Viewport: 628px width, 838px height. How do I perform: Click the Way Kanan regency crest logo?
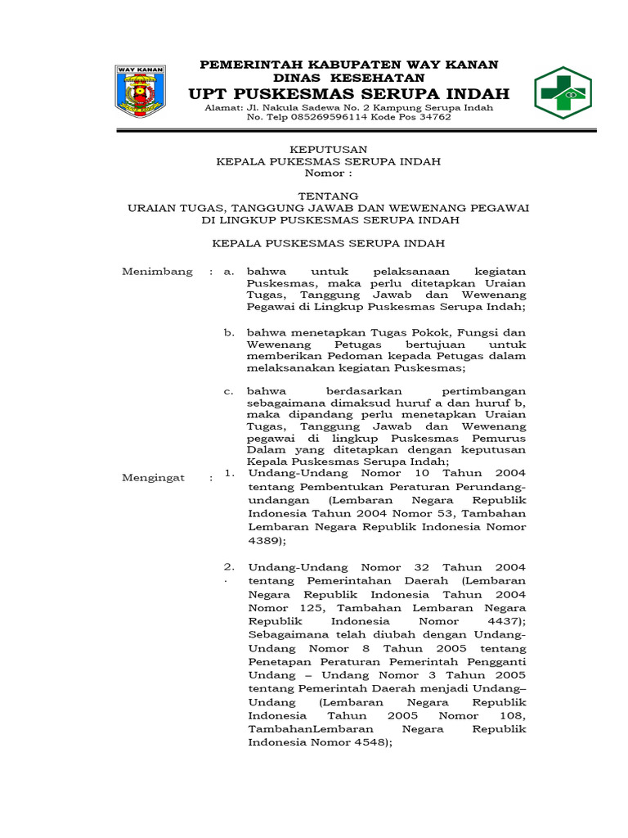[140, 92]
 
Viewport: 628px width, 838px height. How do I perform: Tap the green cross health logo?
[563, 92]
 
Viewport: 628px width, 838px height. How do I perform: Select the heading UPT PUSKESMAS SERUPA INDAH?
[349, 92]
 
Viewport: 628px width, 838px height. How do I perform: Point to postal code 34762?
[433, 117]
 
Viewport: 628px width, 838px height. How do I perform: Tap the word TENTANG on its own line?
[328, 196]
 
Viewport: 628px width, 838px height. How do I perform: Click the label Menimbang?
[157, 272]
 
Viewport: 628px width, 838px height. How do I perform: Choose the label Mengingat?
[153, 478]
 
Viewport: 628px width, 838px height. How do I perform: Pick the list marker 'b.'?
[230, 333]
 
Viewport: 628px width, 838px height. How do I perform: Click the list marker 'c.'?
[230, 391]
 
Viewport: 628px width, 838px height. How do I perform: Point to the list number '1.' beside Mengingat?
[230, 473]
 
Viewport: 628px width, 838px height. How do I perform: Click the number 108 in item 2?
[513, 715]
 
